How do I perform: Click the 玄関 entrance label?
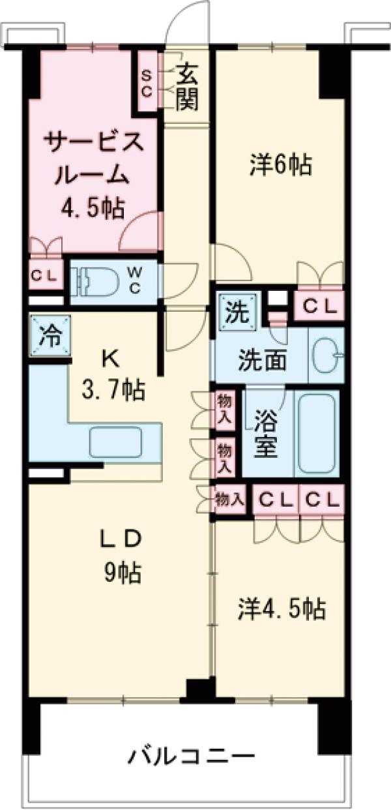pos(186,84)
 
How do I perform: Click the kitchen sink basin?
pos(115,442)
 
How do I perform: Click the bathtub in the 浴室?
pos(315,433)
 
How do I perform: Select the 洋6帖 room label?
pos(280,165)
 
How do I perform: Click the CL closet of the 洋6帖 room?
pos(319,305)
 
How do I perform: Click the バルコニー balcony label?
pos(190,757)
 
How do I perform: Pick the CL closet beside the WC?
pos(45,275)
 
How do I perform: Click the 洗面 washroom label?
pos(261,360)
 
